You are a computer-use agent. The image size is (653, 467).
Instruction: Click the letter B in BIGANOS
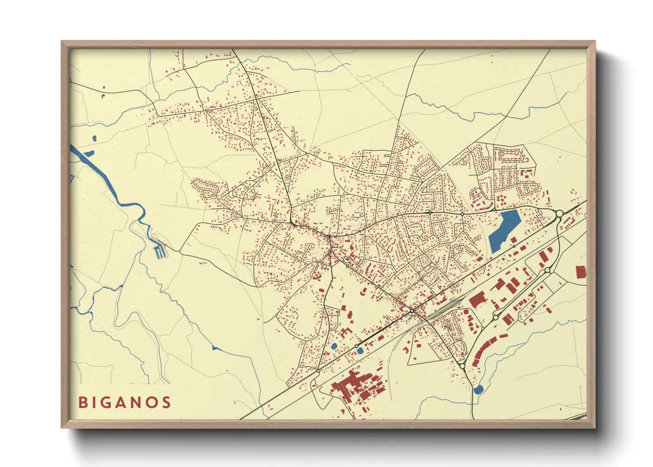click(83, 403)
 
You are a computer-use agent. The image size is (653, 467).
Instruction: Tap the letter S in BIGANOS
click(166, 403)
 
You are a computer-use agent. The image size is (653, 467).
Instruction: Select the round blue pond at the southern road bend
click(478, 389)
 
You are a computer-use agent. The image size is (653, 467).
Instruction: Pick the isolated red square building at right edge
click(581, 271)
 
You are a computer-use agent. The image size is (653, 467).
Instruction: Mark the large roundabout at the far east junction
click(559, 214)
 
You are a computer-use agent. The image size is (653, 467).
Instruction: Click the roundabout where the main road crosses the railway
click(412, 312)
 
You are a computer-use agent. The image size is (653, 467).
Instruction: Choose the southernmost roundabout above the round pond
click(462, 366)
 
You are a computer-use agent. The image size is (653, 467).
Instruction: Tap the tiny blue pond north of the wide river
click(94, 139)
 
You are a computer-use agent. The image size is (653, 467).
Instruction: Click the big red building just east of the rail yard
click(477, 301)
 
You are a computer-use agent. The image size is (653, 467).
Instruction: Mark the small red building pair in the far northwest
click(104, 94)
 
